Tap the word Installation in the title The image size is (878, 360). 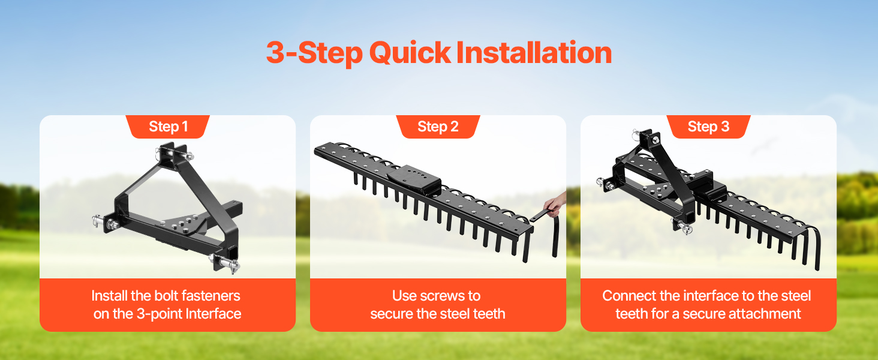click(534, 52)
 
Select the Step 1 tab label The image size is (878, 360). click(168, 127)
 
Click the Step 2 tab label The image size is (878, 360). click(438, 127)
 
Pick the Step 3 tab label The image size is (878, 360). click(708, 127)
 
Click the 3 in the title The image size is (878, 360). click(275, 52)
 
